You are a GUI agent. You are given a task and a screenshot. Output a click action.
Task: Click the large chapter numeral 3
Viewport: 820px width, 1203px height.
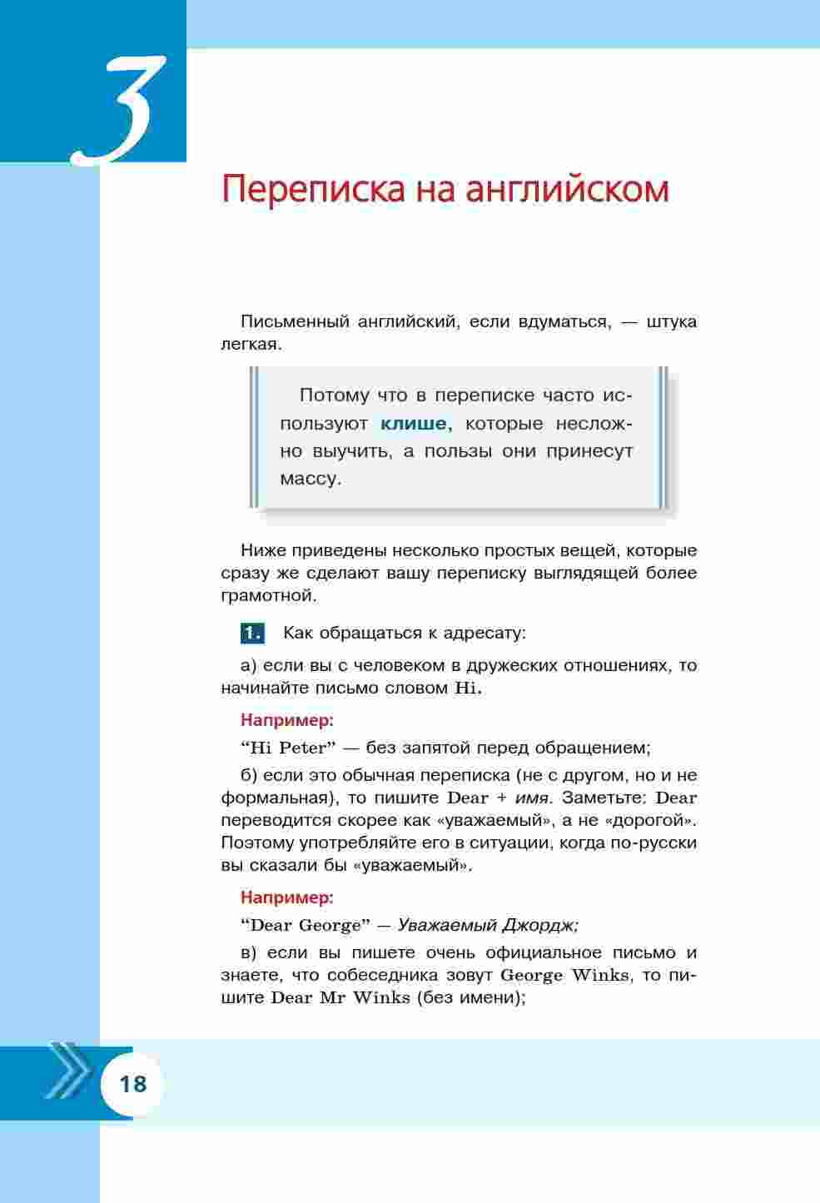[x=121, y=108]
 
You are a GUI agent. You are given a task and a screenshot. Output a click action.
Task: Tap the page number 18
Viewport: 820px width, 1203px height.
[x=133, y=1084]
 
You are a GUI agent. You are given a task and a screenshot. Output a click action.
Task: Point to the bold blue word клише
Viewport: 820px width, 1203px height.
[x=414, y=424]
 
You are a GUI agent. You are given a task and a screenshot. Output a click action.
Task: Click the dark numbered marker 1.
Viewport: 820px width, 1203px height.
[x=251, y=634]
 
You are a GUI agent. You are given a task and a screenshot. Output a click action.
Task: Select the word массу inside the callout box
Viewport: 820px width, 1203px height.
[x=310, y=479]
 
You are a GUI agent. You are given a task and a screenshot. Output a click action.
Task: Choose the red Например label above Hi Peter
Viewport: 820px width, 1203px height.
[x=286, y=719]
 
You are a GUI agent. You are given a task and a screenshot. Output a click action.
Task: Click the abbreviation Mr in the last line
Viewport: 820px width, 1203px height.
[x=331, y=997]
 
